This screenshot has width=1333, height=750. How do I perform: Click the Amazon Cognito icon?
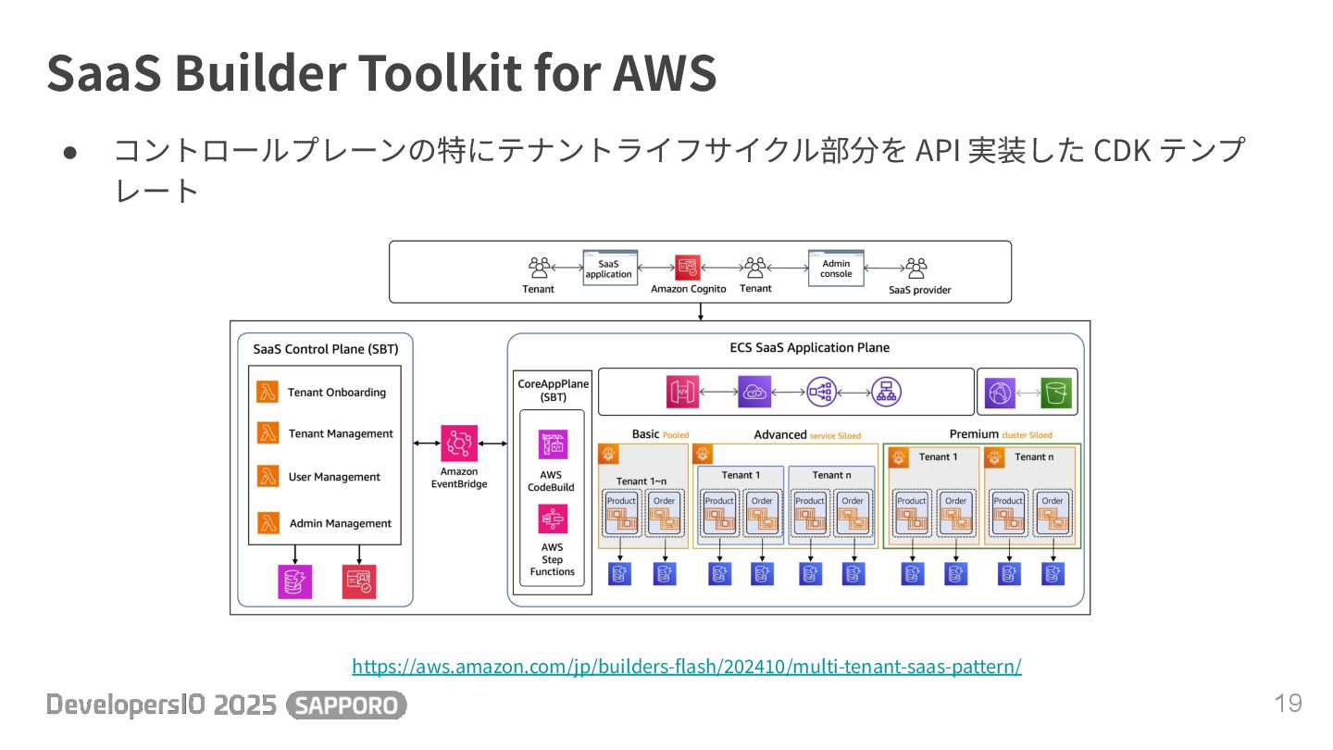click(688, 268)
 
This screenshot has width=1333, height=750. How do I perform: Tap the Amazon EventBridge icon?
click(459, 444)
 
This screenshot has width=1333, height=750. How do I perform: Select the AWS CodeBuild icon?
click(553, 444)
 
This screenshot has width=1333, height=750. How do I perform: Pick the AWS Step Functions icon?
click(553, 519)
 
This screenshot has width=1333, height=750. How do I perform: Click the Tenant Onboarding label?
click(336, 393)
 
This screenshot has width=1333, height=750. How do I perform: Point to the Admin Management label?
click(340, 523)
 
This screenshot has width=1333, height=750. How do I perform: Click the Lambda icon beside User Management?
click(268, 476)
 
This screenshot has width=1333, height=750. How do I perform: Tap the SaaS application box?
click(608, 268)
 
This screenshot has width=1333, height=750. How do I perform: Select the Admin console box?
click(836, 268)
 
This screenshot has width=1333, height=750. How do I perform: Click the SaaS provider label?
click(919, 290)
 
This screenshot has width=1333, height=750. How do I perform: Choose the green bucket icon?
click(1055, 393)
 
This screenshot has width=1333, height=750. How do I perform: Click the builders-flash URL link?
click(686, 666)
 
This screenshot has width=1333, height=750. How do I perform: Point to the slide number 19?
click(1288, 703)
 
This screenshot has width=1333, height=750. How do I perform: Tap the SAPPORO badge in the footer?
click(347, 706)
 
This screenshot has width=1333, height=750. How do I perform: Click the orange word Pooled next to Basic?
click(676, 435)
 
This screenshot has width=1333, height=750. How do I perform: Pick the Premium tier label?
click(974, 433)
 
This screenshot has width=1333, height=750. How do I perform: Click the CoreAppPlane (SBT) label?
click(552, 390)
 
